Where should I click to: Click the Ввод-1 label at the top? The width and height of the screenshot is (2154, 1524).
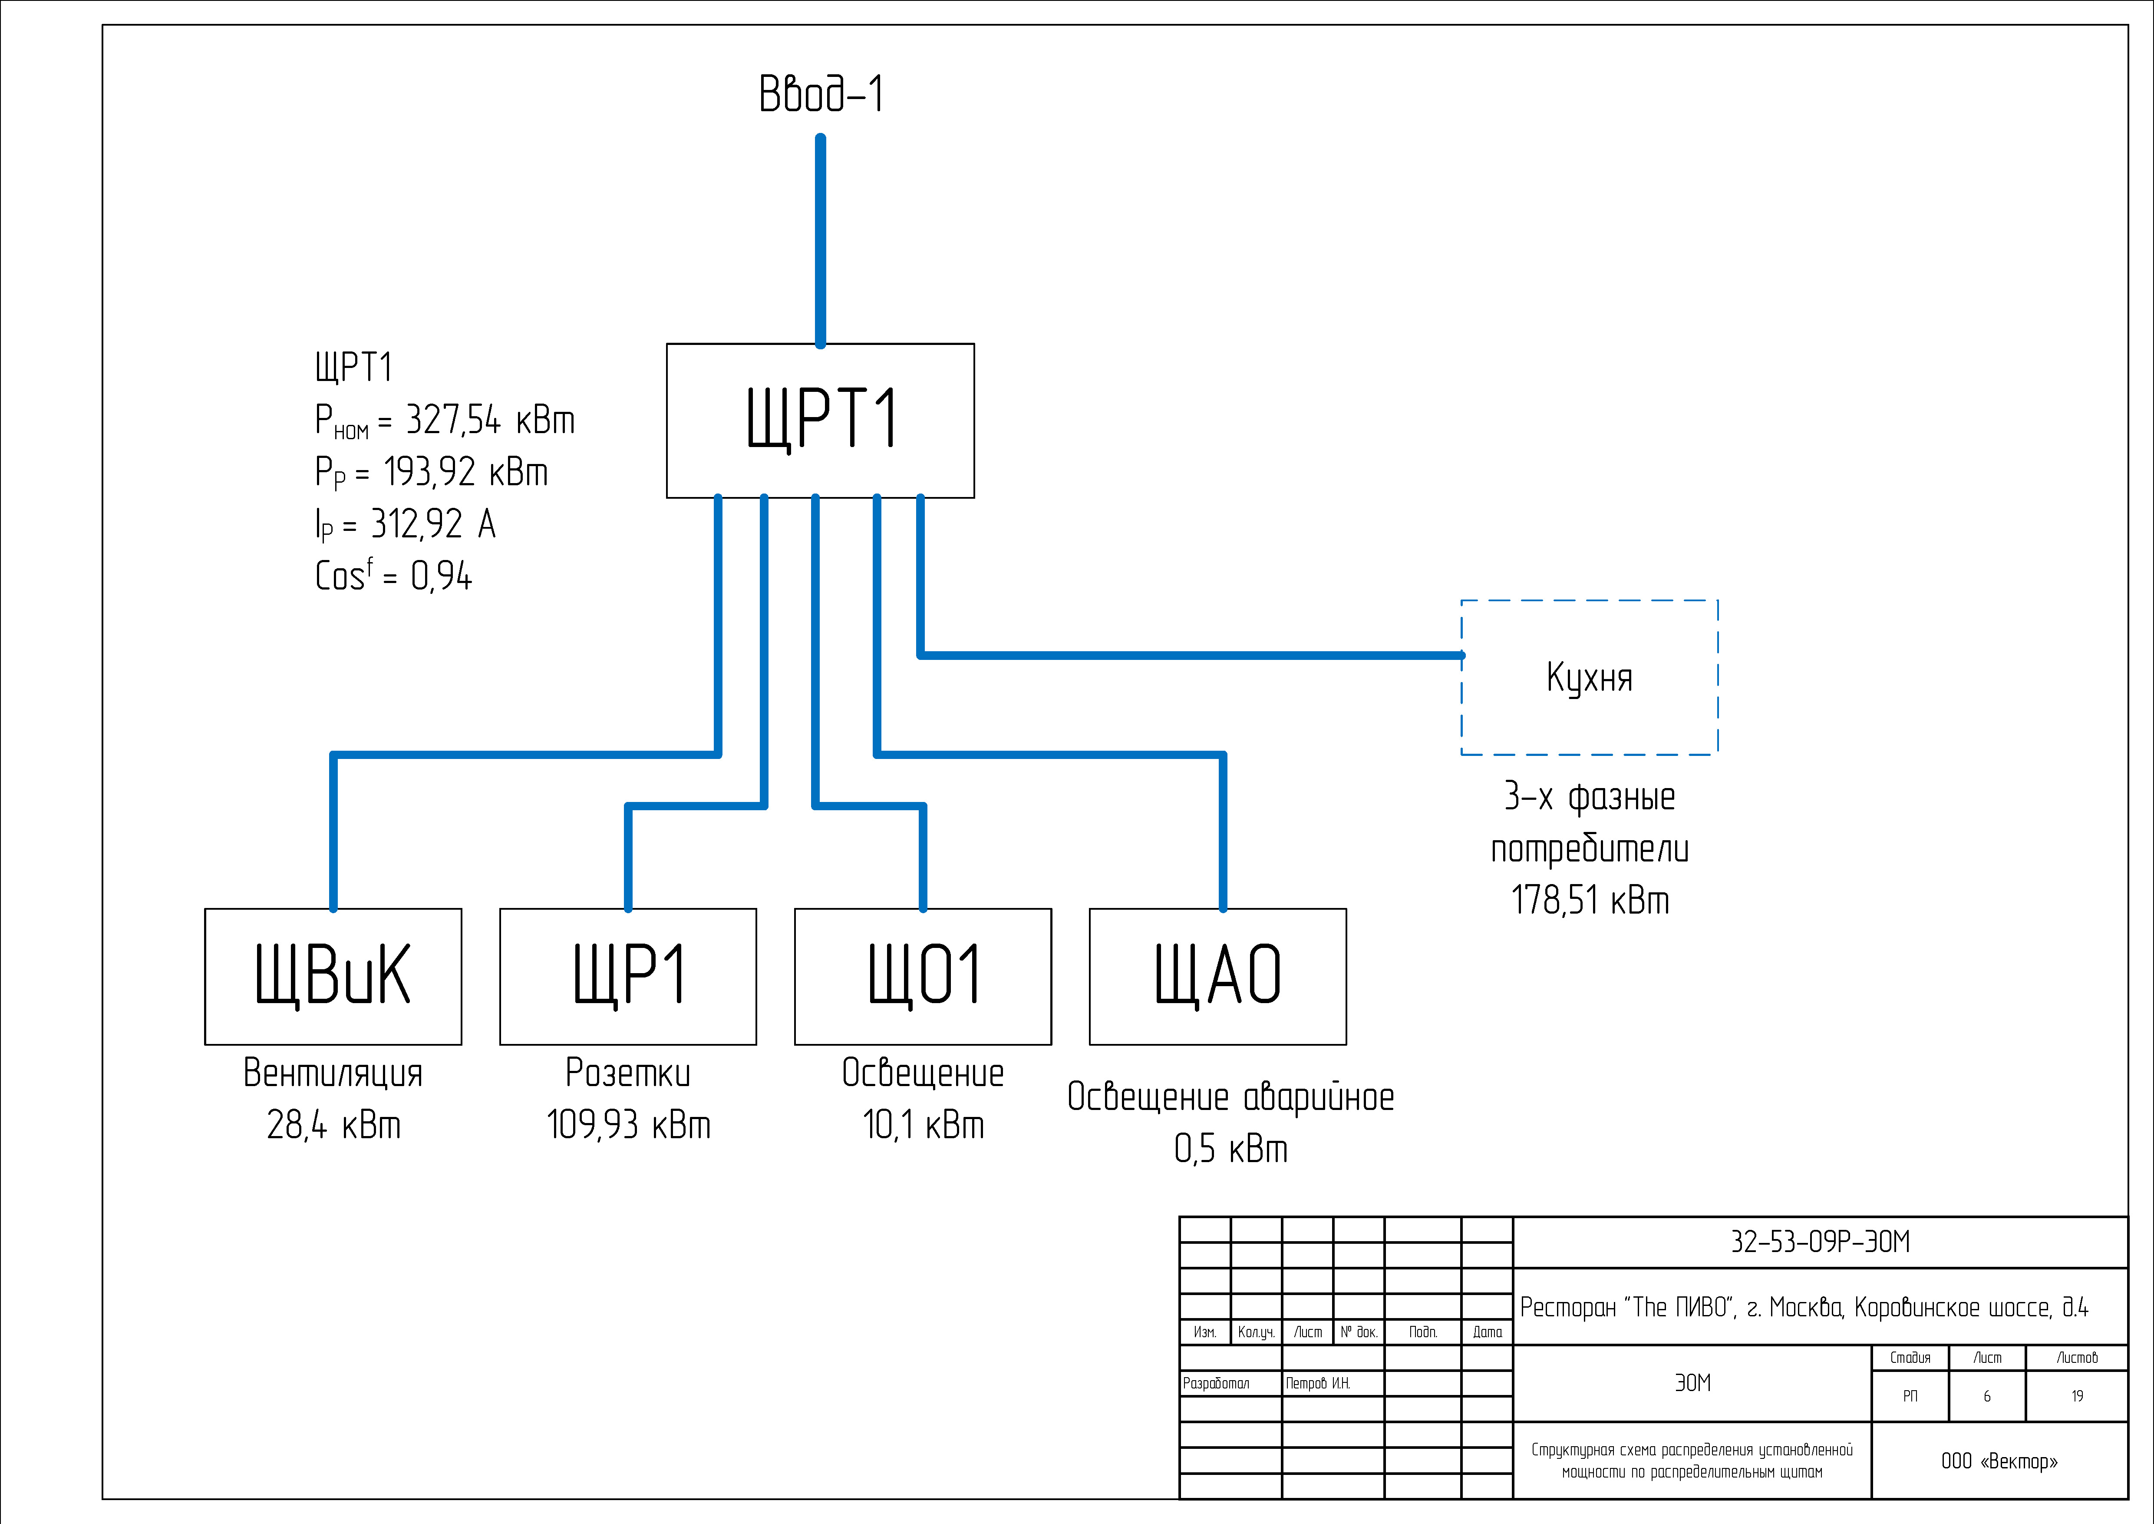coord(821,94)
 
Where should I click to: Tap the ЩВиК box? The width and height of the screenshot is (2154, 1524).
coord(333,976)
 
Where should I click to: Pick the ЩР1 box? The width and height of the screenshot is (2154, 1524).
coord(628,976)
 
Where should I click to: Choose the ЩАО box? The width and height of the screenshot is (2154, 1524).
coord(1218,976)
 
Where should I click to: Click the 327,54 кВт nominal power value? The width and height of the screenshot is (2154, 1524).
coord(490,421)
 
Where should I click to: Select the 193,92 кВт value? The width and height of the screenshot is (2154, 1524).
coord(465,472)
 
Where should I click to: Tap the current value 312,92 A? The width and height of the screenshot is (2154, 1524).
coord(432,523)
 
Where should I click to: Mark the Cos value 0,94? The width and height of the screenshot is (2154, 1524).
coord(441,575)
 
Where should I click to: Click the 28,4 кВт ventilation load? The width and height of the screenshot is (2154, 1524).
coord(333,1124)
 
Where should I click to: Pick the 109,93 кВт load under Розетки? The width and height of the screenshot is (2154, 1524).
coord(628,1124)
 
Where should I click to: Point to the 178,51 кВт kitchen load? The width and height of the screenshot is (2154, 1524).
coord(1589,900)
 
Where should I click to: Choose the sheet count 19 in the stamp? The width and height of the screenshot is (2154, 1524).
coord(2077,1396)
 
